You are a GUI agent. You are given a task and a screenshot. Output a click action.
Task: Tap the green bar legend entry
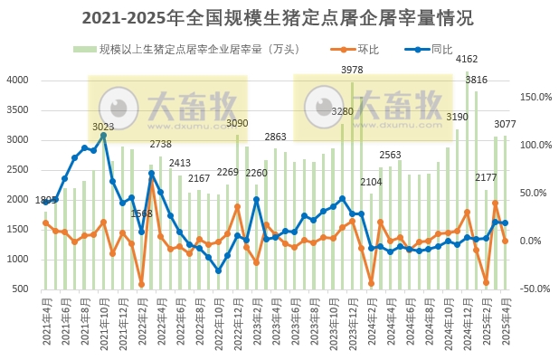pyautogui.click(x=190, y=49)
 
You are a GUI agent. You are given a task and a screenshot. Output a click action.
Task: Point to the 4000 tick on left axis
pyautogui.click(x=18, y=81)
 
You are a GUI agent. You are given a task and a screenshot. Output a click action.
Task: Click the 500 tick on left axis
pyautogui.click(x=22, y=289)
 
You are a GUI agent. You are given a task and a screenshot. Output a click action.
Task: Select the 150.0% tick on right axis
pyautogui.click(x=535, y=97)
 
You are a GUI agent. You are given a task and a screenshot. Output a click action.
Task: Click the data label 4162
pyautogui.click(x=468, y=60)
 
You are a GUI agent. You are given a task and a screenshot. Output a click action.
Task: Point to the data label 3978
pyautogui.click(x=352, y=70)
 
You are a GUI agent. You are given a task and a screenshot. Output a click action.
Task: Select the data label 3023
pyautogui.click(x=103, y=128)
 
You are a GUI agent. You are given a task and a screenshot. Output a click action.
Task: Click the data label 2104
pyautogui.click(x=371, y=182)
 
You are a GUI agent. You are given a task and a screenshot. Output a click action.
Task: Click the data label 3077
pyautogui.click(x=506, y=125)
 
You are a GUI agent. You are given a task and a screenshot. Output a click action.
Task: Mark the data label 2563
pyautogui.click(x=390, y=155)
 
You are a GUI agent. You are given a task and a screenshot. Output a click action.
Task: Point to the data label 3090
pyautogui.click(x=237, y=123)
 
